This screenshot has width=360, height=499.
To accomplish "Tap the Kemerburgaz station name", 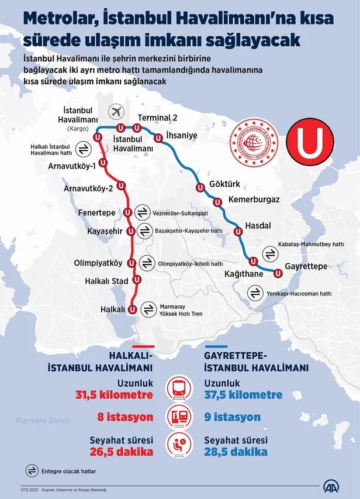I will click(254, 199).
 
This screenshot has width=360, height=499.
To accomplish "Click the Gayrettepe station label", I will click(306, 267).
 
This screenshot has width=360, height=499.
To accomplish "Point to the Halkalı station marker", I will click(132, 309).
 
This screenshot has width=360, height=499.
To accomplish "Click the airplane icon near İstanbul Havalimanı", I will click(117, 111).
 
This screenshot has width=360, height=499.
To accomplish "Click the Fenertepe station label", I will click(96, 213).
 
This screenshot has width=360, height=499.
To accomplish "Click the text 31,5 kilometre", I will click(115, 395).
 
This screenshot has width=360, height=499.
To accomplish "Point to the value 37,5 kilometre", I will click(243, 395).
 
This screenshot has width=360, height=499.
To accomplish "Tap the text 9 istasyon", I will click(233, 418).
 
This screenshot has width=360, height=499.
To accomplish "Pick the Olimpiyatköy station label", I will click(98, 263).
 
